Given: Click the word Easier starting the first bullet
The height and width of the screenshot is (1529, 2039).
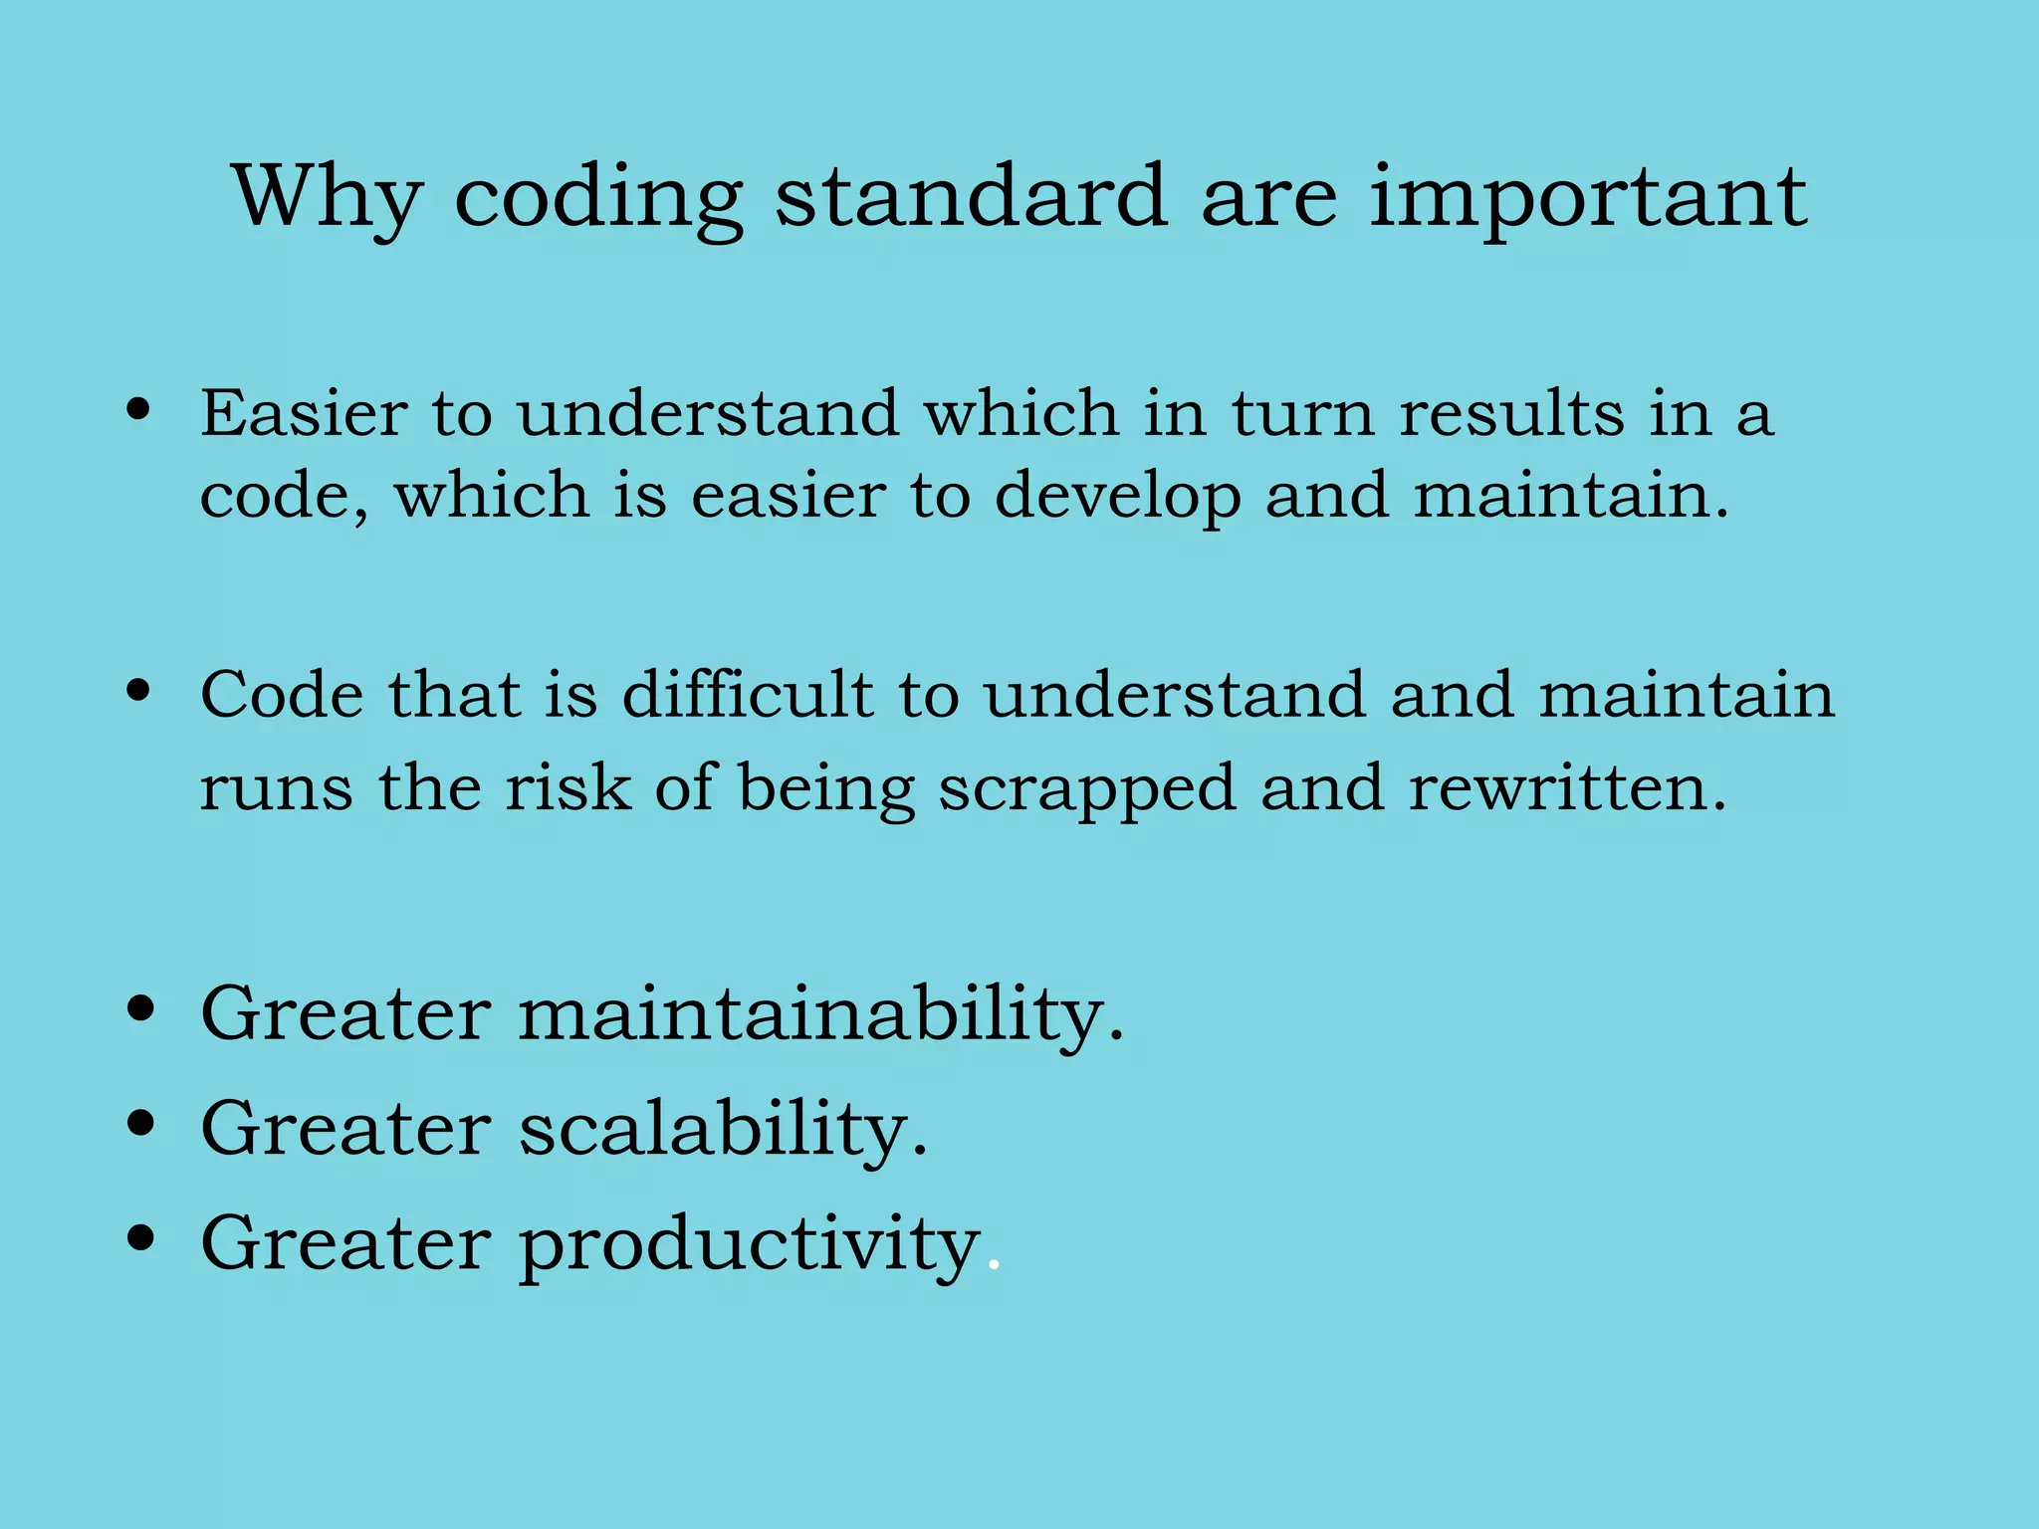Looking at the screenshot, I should click(304, 412).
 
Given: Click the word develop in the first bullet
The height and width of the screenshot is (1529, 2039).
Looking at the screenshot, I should click(1117, 496).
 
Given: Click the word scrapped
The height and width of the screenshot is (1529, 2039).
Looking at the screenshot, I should click(1087, 788).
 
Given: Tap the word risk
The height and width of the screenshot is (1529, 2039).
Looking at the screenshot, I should click(567, 788).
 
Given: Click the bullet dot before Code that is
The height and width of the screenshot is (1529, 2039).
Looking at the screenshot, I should click(139, 689).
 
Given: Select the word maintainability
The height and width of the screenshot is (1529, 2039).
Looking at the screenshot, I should click(820, 1013).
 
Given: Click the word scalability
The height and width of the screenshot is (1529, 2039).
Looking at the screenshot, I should click(723, 1129).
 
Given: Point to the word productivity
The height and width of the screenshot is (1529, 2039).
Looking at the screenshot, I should click(750, 1244).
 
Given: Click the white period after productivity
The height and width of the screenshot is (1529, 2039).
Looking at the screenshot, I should click(993, 1266).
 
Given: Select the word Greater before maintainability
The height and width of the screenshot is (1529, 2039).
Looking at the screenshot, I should click(345, 1013).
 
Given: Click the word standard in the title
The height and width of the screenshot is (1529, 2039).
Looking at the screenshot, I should click(971, 197).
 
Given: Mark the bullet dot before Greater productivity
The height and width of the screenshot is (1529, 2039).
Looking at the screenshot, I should click(141, 1238).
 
